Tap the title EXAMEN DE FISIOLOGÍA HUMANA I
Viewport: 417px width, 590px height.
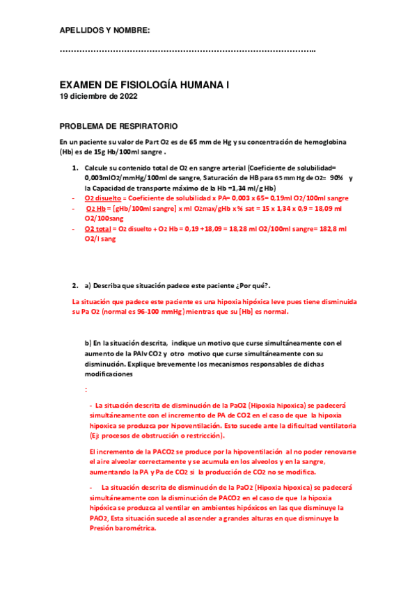point(145,84)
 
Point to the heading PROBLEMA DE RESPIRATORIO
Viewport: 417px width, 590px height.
point(118,126)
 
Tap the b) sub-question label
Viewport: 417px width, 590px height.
point(88,343)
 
